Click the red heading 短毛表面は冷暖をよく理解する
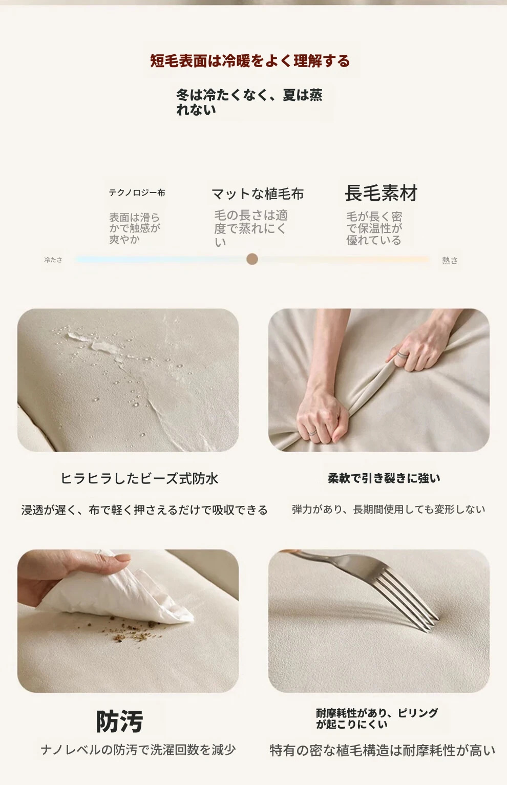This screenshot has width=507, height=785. (250, 61)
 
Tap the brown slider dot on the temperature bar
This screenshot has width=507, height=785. (252, 259)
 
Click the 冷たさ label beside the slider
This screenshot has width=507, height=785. (53, 260)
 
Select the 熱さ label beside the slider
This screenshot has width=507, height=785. (450, 260)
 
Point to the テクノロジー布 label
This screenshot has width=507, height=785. (137, 193)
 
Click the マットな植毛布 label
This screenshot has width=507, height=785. (258, 194)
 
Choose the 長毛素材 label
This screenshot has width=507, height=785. (381, 193)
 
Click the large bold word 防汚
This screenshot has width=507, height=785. (119, 722)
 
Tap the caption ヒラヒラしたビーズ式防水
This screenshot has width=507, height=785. (139, 478)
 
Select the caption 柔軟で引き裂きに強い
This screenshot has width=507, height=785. (384, 478)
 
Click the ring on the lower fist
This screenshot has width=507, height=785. (312, 433)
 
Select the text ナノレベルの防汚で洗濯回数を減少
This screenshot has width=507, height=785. (138, 750)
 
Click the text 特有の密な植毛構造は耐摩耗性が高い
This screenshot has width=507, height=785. (382, 750)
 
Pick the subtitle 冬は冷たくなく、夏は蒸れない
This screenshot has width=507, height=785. (249, 102)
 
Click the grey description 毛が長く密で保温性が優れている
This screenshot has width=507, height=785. (374, 228)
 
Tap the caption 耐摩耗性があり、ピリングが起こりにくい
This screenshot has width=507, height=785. (376, 718)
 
